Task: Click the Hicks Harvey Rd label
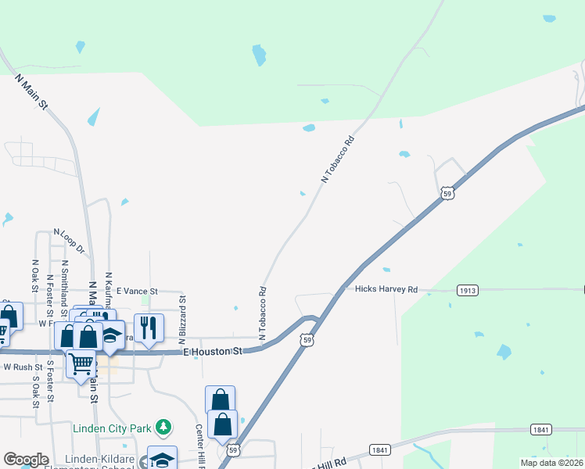386,288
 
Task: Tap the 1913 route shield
468,290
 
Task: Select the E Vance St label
137,290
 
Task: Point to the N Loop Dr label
68,241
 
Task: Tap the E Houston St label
213,353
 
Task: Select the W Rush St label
23,367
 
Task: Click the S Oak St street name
35,392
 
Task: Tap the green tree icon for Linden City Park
163,427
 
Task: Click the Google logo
26,460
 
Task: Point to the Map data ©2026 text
552,463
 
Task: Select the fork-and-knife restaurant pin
149,327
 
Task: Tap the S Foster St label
50,381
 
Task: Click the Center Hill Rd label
199,443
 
